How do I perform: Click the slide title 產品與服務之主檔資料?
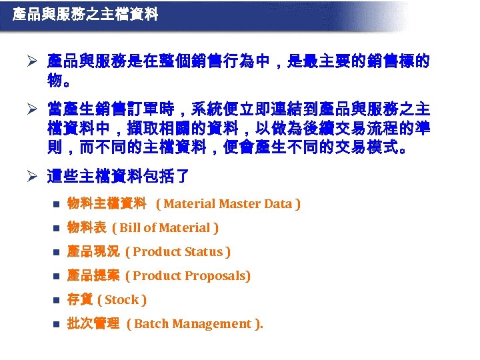[85, 14]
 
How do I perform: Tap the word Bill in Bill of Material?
[129, 228]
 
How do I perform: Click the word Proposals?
[219, 276]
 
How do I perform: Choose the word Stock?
[122, 300]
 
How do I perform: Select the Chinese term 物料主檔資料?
[107, 204]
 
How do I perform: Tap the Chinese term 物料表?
[87, 228]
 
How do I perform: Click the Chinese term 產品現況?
[93, 252]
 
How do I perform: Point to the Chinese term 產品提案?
[93, 276]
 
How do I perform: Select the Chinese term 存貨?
[80, 300]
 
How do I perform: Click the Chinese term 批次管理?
[93, 324]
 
